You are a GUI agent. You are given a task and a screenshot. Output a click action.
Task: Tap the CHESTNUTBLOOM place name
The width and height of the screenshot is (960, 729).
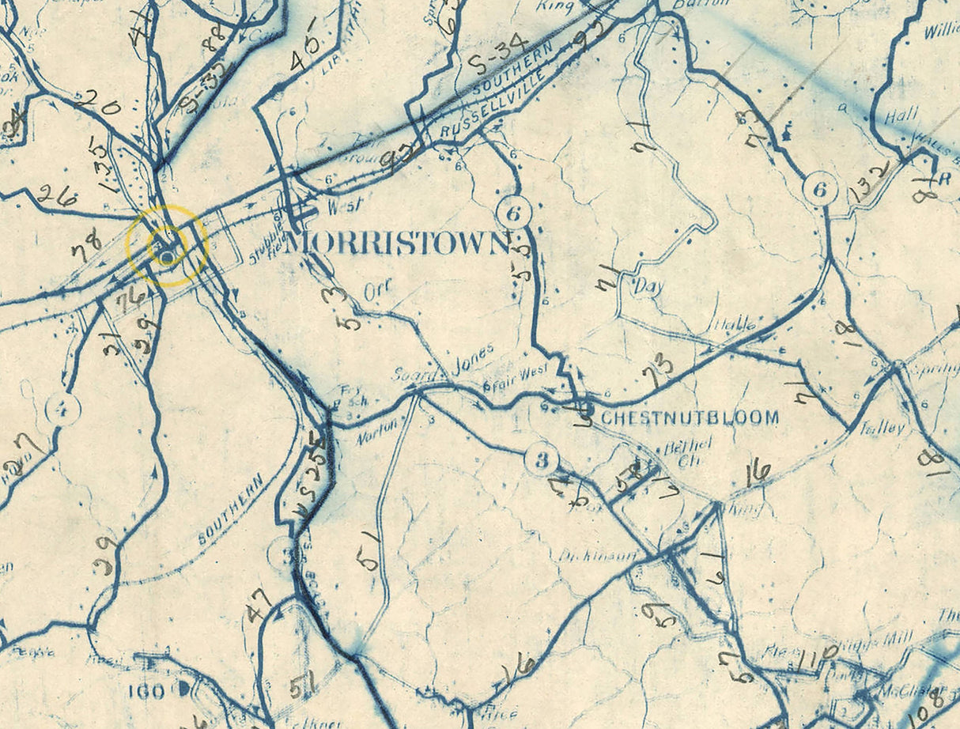coord(690,417)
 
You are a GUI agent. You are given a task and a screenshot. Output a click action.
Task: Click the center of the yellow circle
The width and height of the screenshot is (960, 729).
coord(167,245)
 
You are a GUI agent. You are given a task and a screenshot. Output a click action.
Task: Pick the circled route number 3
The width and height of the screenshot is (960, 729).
coord(542,460)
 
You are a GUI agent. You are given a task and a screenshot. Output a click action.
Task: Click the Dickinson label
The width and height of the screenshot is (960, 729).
coord(597,556)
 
